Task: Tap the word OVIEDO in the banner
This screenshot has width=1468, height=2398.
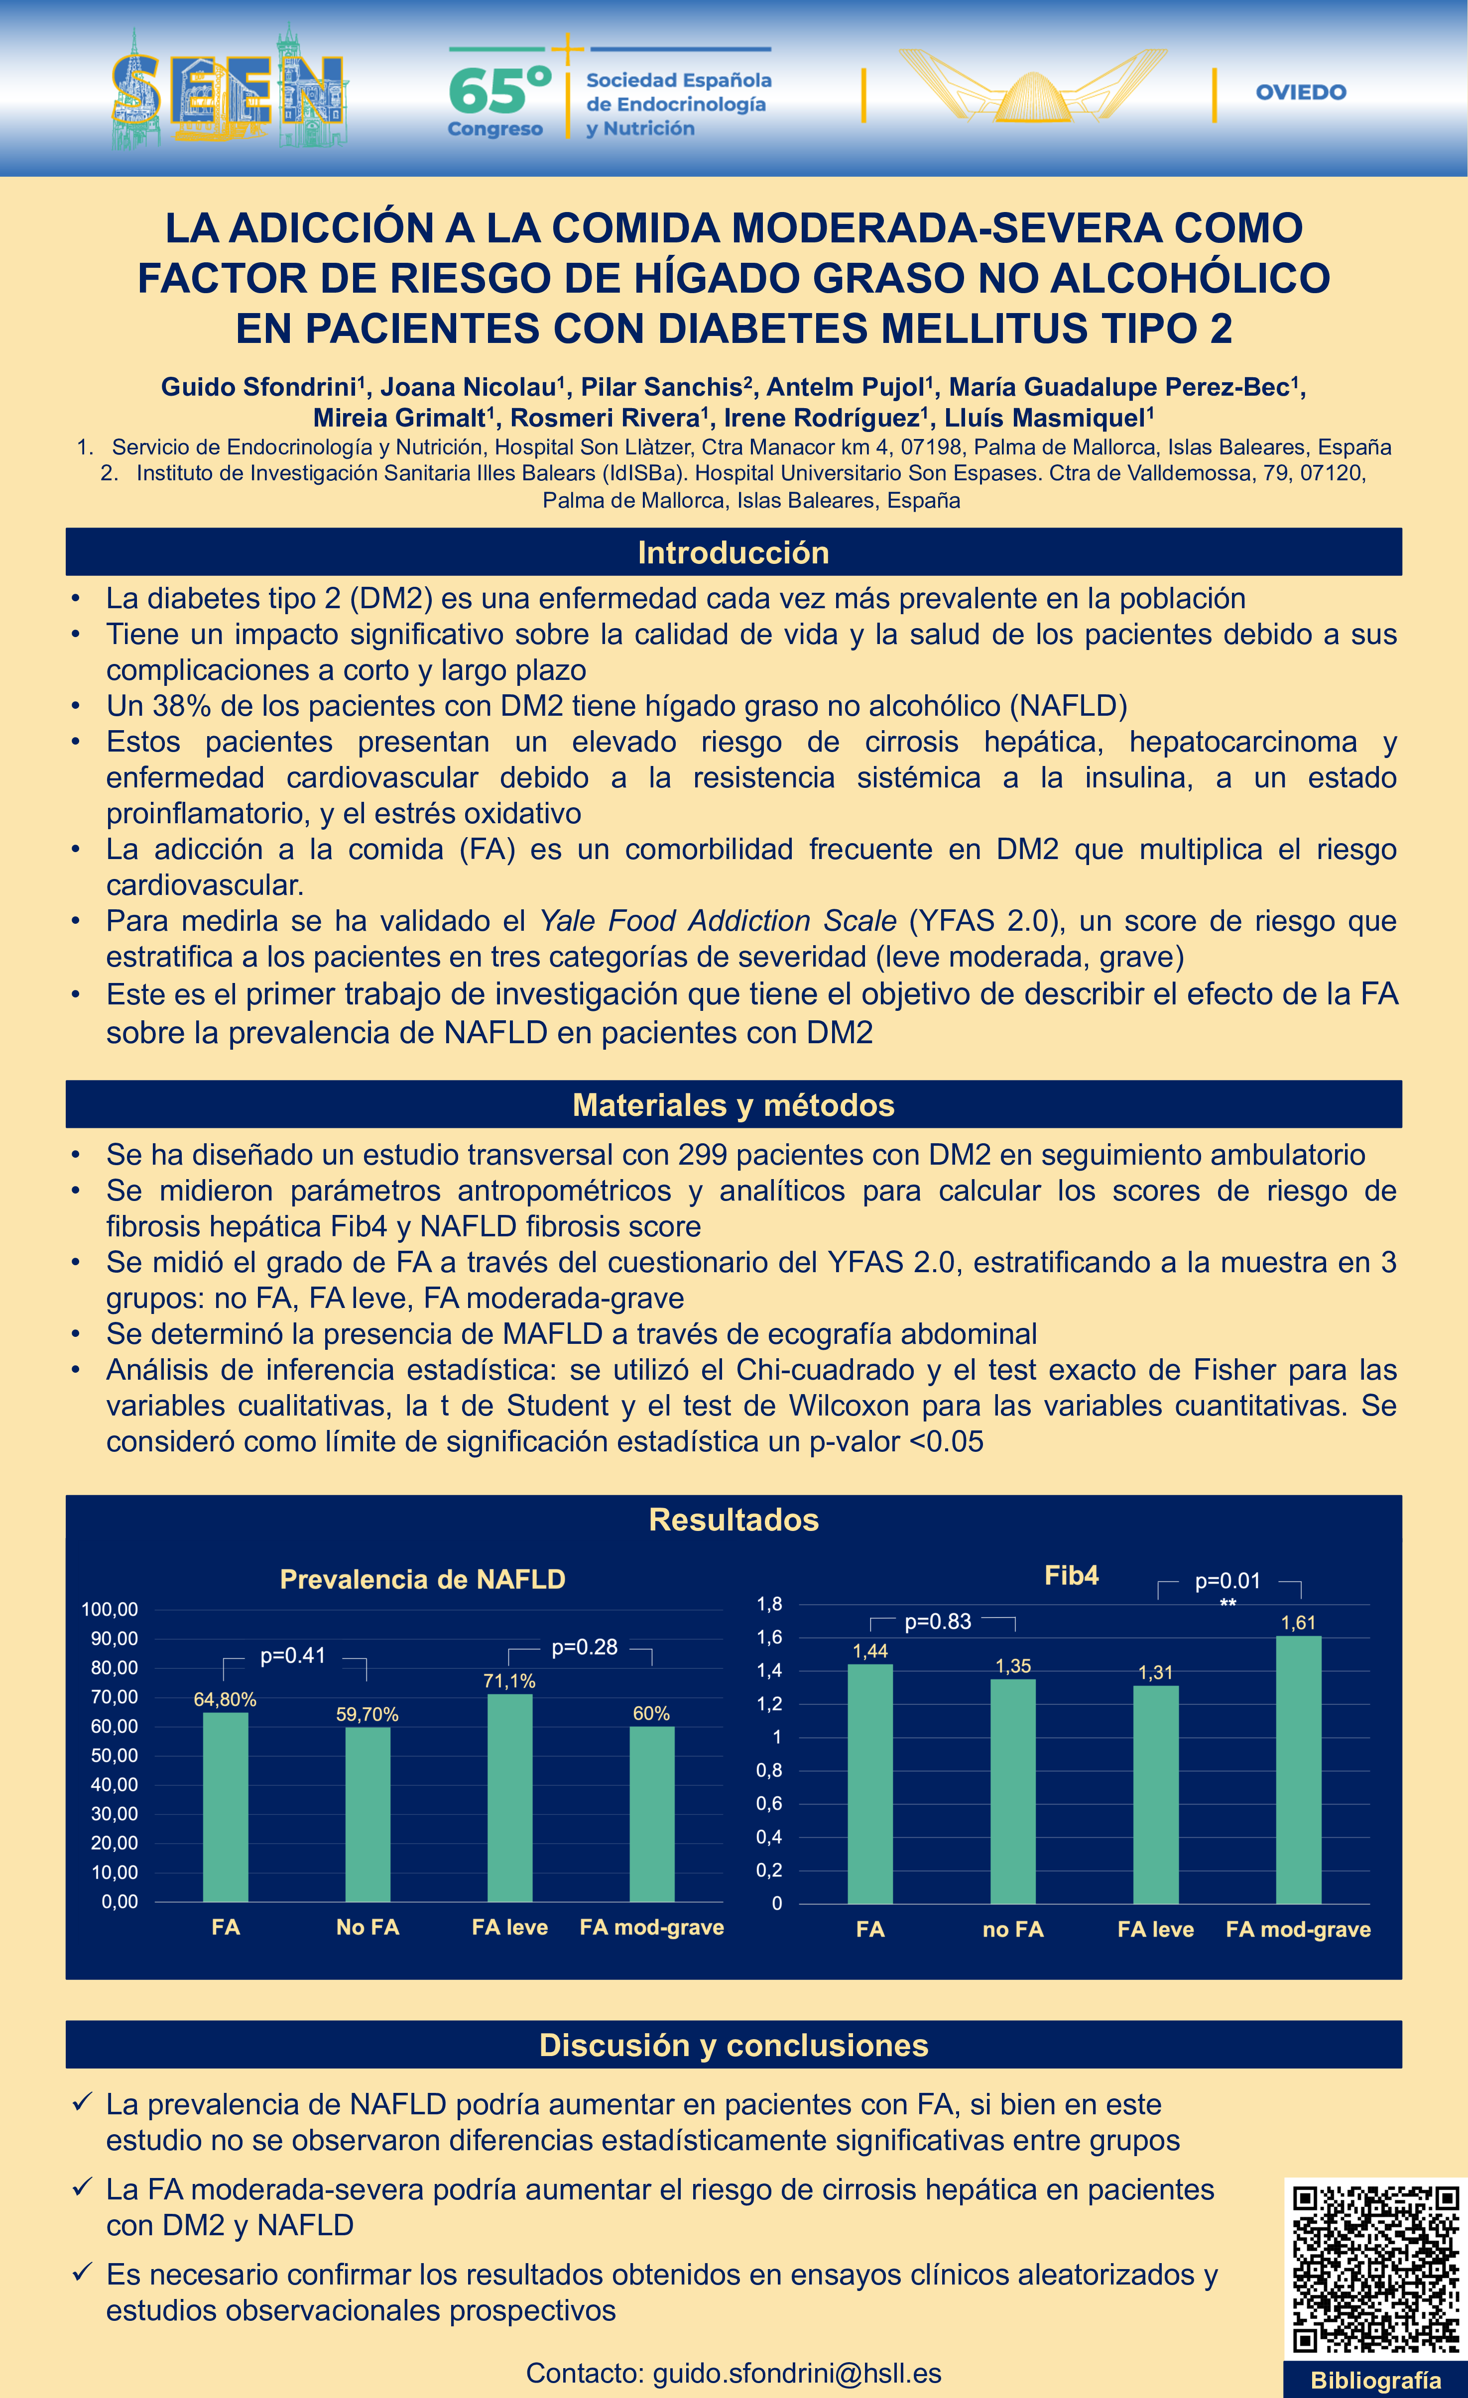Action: pyautogui.click(x=1301, y=93)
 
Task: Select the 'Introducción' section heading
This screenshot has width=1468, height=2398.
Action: pyautogui.click(x=733, y=553)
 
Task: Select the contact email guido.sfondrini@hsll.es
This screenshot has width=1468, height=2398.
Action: pyautogui.click(x=796, y=2373)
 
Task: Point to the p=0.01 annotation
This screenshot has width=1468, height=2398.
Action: pyautogui.click(x=1227, y=1581)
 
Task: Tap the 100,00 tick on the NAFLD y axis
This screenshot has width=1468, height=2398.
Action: pyautogui.click(x=110, y=1610)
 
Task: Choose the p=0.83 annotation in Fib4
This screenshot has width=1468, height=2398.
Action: pyautogui.click(x=938, y=1622)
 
